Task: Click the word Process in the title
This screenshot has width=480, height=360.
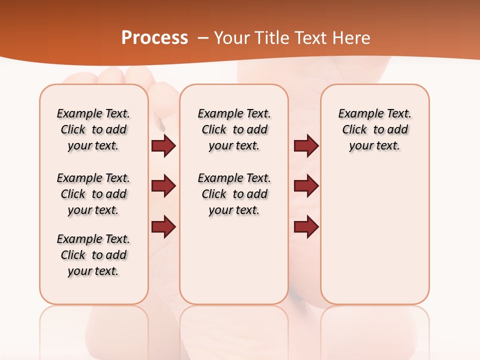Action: click(x=154, y=38)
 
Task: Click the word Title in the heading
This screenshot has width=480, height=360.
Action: click(x=272, y=38)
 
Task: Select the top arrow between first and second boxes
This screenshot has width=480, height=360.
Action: click(x=163, y=145)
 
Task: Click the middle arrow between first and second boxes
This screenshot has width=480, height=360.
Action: click(x=163, y=186)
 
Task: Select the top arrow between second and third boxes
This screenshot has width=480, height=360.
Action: click(x=306, y=145)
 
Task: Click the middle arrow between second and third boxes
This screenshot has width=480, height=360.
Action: click(x=306, y=186)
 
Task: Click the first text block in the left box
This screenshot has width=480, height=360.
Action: click(x=93, y=129)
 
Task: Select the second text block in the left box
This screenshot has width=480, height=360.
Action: click(x=93, y=194)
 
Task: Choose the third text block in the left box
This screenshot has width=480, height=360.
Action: click(x=93, y=255)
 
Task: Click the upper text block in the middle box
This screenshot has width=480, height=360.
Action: click(x=234, y=129)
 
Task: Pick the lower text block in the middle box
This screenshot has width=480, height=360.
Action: click(x=234, y=194)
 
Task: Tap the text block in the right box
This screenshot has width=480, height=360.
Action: click(x=374, y=129)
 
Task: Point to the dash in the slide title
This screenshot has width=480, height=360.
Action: click(x=203, y=38)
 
